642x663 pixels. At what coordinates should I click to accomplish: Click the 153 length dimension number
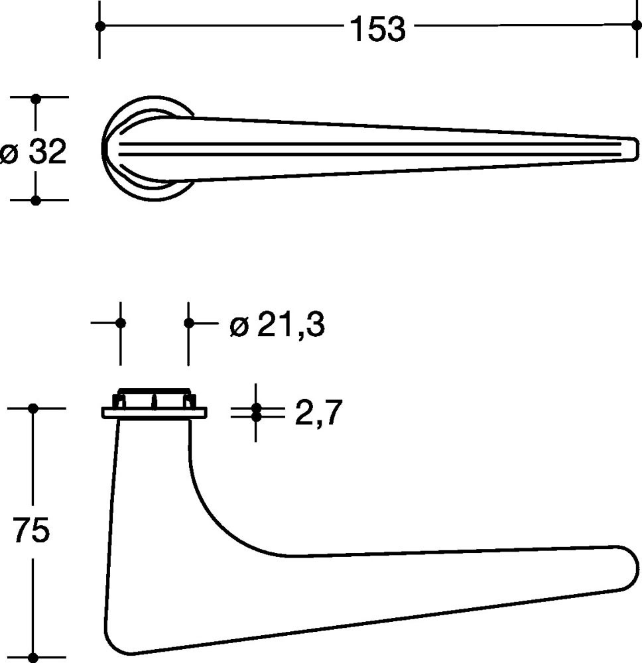point(377,29)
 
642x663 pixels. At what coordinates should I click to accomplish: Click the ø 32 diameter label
point(33,152)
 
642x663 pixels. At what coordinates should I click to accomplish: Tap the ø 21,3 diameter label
point(277,325)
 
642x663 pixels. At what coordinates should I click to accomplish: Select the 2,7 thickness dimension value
point(318,412)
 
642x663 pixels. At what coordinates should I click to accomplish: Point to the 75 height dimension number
point(31,530)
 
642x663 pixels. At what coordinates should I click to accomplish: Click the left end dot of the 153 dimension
point(99,27)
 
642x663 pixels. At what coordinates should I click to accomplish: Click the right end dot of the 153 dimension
point(637,25)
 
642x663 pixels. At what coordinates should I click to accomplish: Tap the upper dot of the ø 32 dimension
point(36,99)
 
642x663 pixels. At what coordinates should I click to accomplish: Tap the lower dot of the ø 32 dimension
point(36,200)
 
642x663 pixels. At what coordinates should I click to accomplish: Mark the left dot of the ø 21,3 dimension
point(121,324)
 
